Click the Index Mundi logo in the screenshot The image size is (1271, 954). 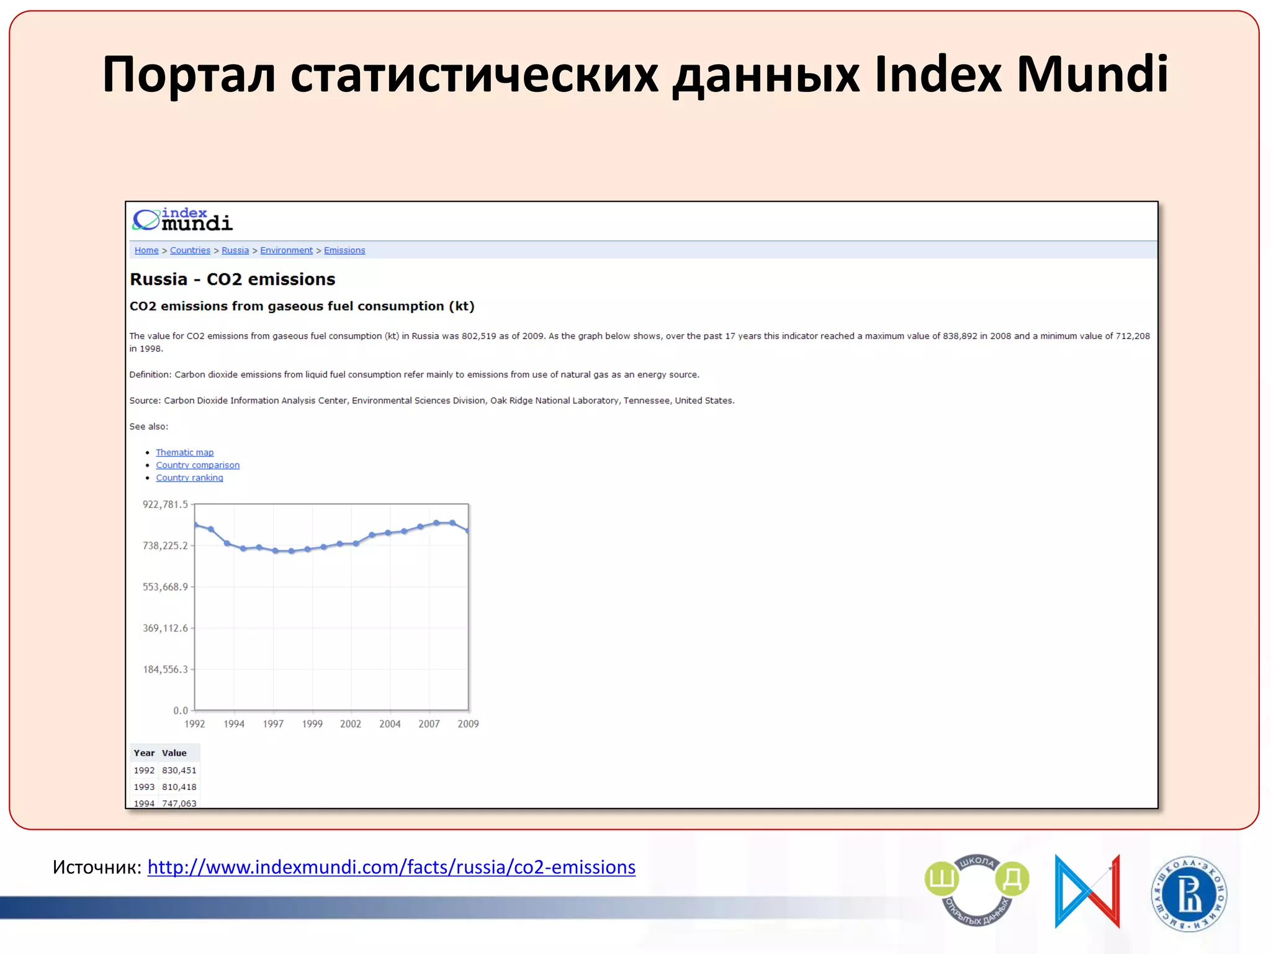182,220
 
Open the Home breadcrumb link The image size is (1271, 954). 146,250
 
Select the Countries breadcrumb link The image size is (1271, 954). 190,250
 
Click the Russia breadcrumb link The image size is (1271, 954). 235,250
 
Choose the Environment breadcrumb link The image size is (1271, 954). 286,250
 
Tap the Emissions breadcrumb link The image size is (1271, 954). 344,250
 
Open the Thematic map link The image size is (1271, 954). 184,452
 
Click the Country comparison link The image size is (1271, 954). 197,465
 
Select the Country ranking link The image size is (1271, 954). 189,478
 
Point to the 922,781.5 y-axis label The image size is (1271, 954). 165,504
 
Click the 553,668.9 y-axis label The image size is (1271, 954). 165,587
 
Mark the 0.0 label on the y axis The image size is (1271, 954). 180,711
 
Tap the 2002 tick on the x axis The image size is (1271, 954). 351,724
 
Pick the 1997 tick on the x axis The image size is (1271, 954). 273,724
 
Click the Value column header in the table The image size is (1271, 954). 174,753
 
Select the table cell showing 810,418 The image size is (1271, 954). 179,787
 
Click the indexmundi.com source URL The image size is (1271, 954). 391,867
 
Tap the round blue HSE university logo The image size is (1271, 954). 1188,894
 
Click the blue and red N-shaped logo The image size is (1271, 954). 1087,891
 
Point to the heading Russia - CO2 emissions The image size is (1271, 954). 232,279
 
